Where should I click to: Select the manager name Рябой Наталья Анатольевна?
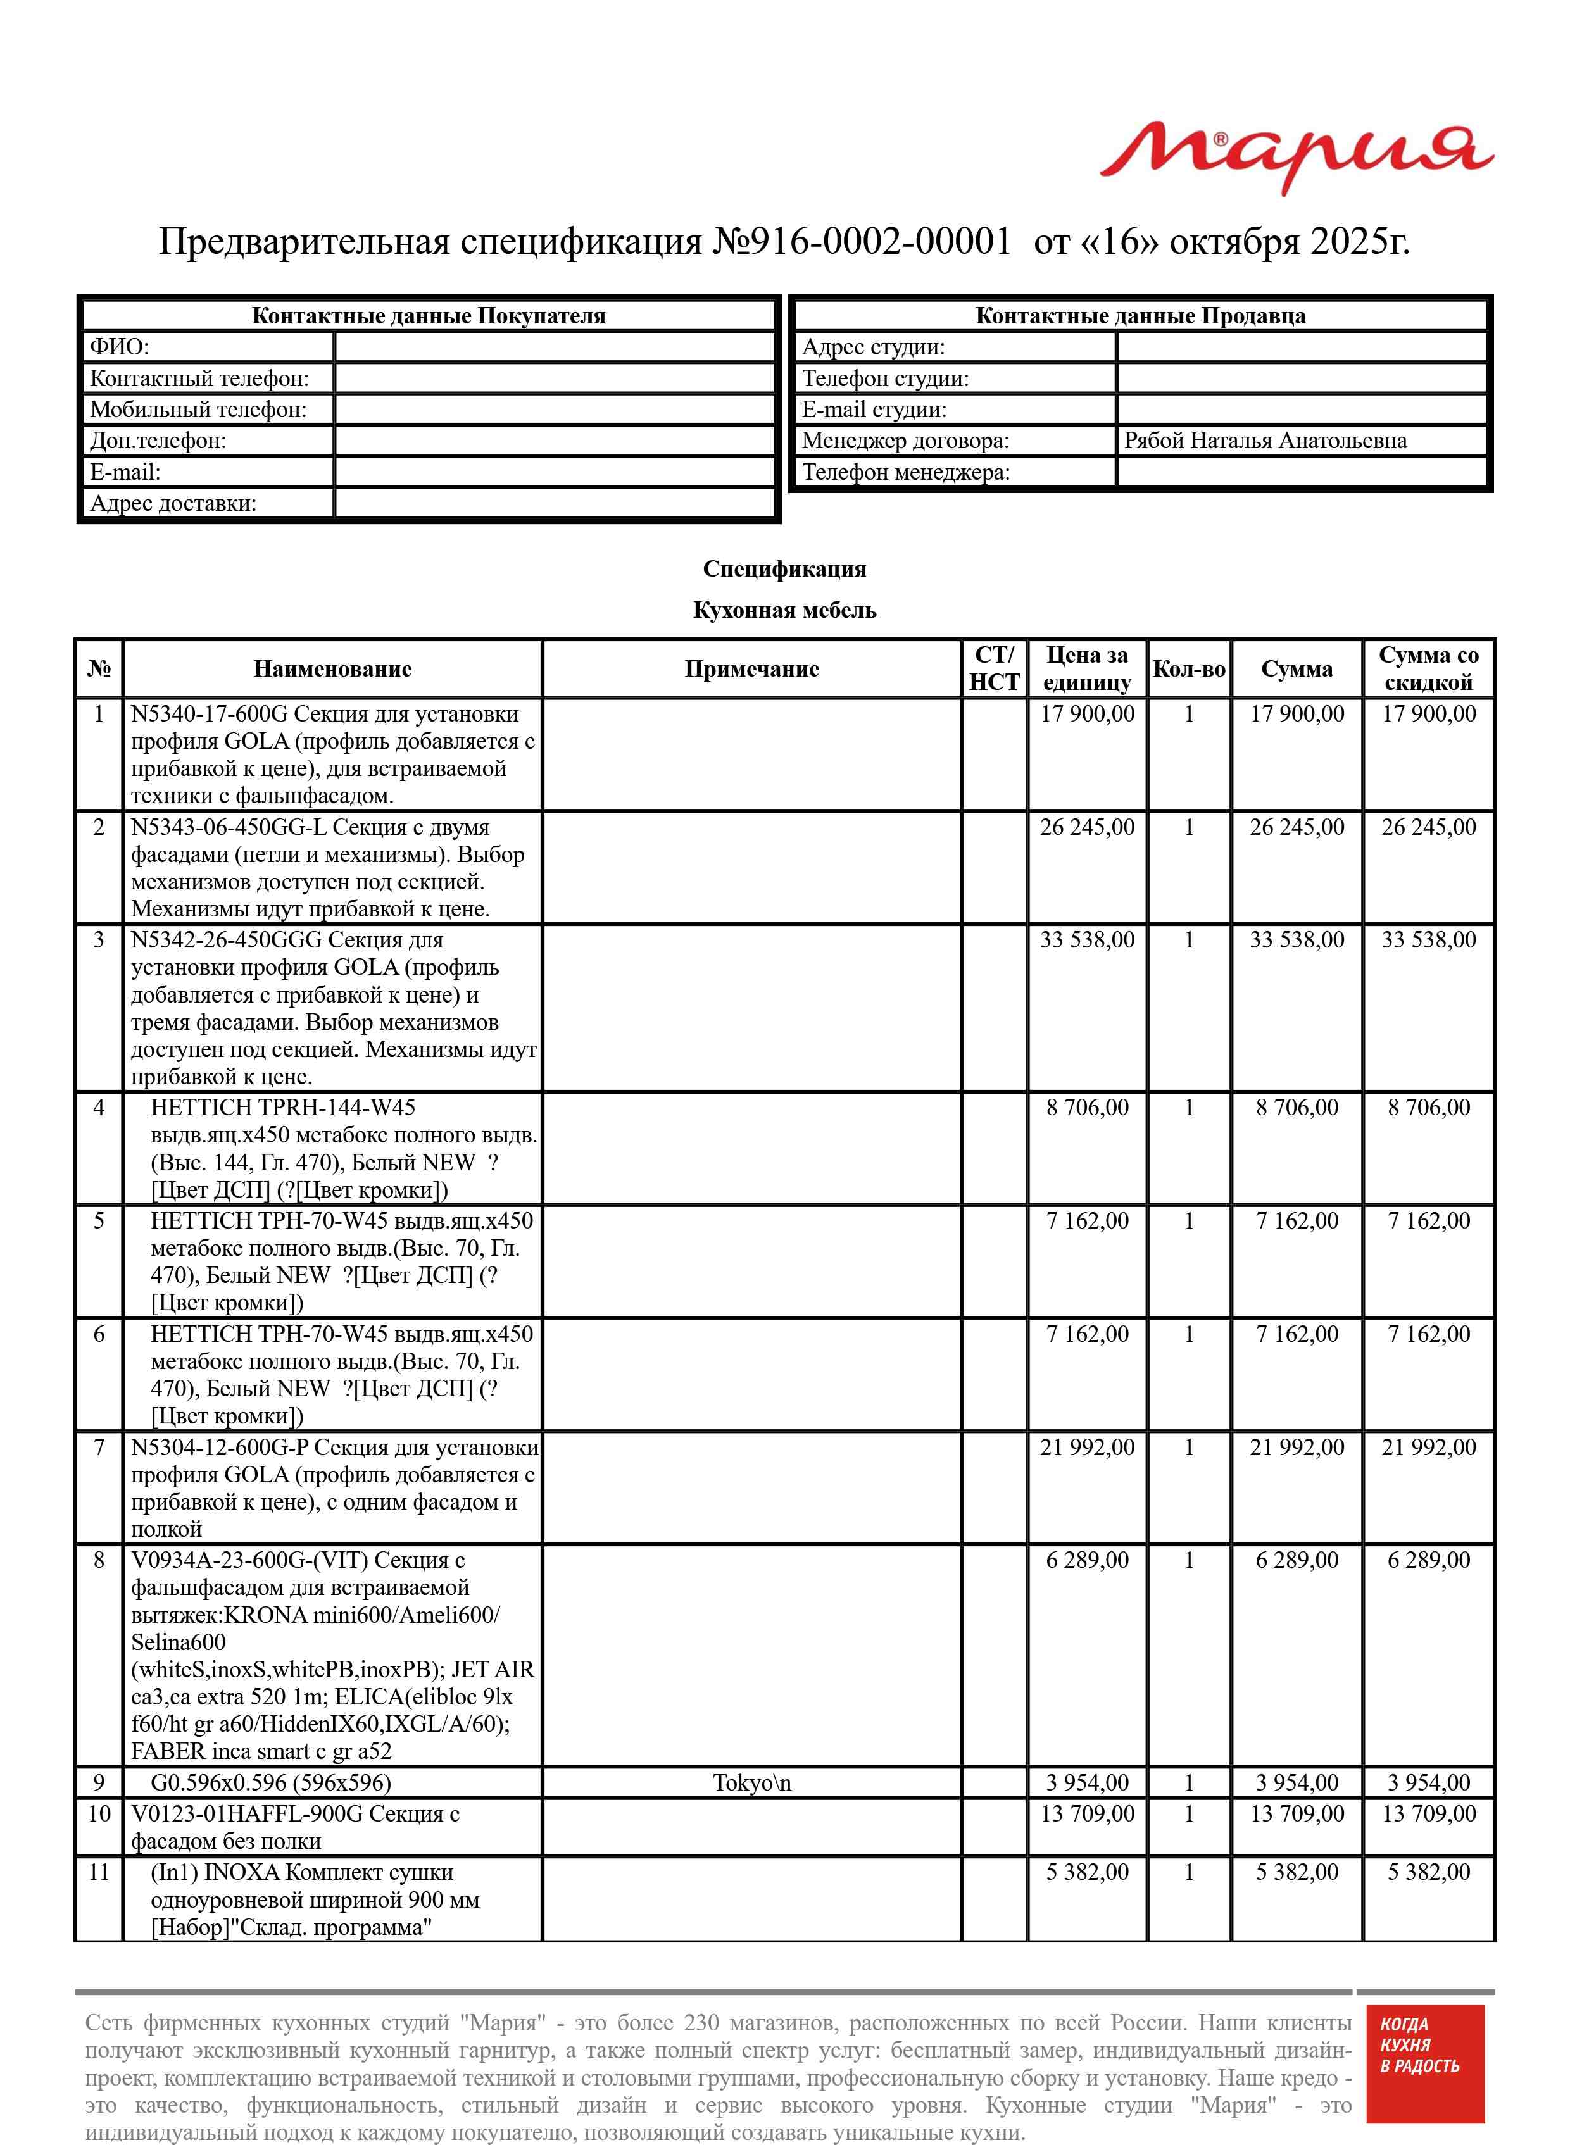pyautogui.click(x=1264, y=441)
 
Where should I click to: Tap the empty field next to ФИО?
pyautogui.click(x=555, y=347)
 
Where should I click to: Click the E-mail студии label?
pyautogui.click(x=874, y=410)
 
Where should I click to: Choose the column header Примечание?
pyautogui.click(x=751, y=669)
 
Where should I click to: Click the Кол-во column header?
pyautogui.click(x=1188, y=669)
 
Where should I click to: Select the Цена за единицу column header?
pyautogui.click(x=1086, y=669)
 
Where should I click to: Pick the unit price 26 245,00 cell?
pyautogui.click(x=1086, y=827)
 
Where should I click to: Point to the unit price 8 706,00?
pyautogui.click(x=1086, y=1108)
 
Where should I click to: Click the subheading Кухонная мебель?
pyautogui.click(x=784, y=610)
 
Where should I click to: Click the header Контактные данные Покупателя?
pyautogui.click(x=428, y=316)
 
